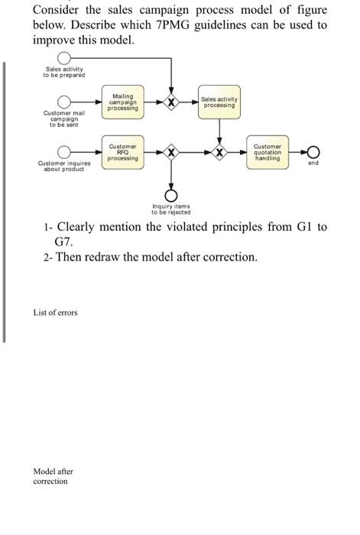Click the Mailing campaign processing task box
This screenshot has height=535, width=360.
coord(123,102)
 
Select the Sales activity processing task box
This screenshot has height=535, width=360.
coord(219,102)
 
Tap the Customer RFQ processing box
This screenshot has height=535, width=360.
coord(123,152)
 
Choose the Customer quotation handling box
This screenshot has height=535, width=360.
coord(268,152)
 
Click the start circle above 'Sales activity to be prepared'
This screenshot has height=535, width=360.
coord(65,59)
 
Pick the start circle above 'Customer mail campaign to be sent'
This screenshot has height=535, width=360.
coord(65,102)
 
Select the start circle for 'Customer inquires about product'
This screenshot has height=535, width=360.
coord(65,152)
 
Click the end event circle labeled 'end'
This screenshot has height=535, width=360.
coord(313,152)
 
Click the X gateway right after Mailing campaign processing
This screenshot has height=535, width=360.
coord(171,102)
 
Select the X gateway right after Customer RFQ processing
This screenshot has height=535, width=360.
coord(171,152)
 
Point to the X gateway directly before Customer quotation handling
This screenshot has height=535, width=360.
coord(220,152)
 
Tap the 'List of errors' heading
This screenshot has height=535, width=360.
coord(55,313)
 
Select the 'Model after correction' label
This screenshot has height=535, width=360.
coord(53,476)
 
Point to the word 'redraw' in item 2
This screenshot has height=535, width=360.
coord(116,257)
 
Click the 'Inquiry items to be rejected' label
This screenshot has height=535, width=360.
coord(171,209)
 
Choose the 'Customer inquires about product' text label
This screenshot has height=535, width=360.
coord(64,166)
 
